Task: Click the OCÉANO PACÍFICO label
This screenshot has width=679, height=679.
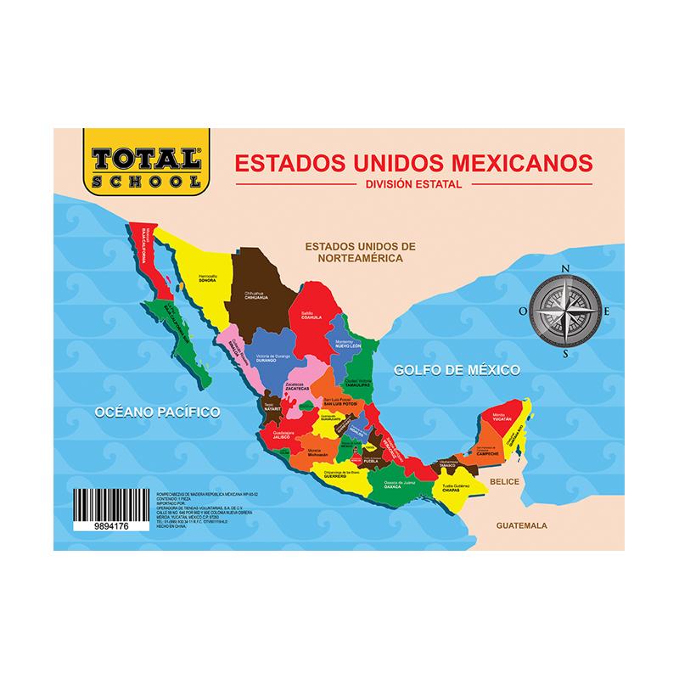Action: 158,412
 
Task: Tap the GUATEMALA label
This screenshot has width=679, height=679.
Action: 523,525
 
